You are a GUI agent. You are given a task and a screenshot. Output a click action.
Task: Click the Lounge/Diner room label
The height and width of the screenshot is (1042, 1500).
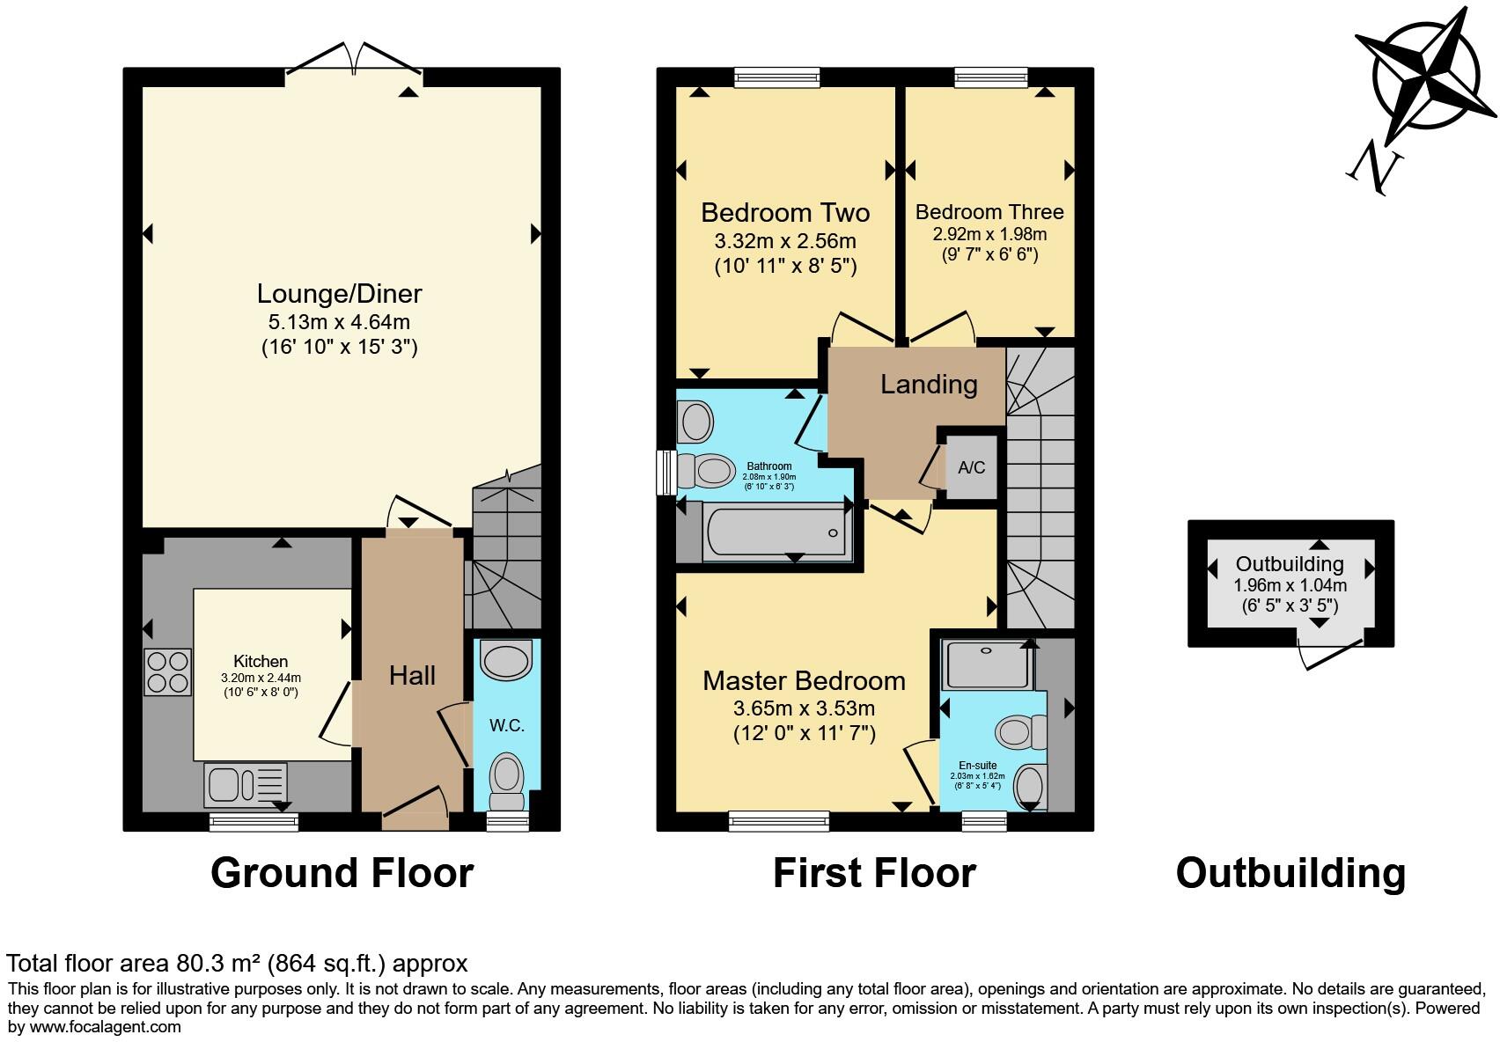click(x=339, y=294)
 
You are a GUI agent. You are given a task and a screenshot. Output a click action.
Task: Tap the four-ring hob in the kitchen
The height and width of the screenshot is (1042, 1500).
click(x=167, y=671)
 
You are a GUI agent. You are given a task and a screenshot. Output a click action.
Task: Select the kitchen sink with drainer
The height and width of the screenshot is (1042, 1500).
click(x=246, y=784)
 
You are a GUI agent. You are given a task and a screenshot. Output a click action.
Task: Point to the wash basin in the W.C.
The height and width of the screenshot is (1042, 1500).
click(x=507, y=661)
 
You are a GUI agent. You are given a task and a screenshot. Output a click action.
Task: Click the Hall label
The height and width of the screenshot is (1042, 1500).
click(x=412, y=676)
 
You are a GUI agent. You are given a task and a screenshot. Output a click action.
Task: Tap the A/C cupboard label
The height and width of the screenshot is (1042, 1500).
click(x=971, y=467)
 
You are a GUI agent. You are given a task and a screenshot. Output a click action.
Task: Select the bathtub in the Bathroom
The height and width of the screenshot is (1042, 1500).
click(x=776, y=531)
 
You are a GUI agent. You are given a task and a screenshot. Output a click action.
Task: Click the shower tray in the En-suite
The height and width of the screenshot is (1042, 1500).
click(x=986, y=664)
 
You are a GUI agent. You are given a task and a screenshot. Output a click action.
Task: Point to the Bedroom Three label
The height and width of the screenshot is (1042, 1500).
click(x=989, y=212)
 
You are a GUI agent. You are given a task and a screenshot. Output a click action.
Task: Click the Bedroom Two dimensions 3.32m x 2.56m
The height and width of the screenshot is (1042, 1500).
click(x=785, y=241)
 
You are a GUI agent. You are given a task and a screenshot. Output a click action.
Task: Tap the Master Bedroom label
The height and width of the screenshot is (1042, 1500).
click(x=804, y=680)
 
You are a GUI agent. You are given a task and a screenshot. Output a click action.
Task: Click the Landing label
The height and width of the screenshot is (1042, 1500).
click(x=929, y=385)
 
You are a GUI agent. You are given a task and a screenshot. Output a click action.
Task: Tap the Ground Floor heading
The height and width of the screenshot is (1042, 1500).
click(x=342, y=873)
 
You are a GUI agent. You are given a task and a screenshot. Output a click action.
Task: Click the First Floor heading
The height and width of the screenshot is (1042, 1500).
click(x=874, y=873)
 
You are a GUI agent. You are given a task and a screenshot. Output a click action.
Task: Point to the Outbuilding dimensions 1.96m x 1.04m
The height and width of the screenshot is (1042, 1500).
click(x=1290, y=585)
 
